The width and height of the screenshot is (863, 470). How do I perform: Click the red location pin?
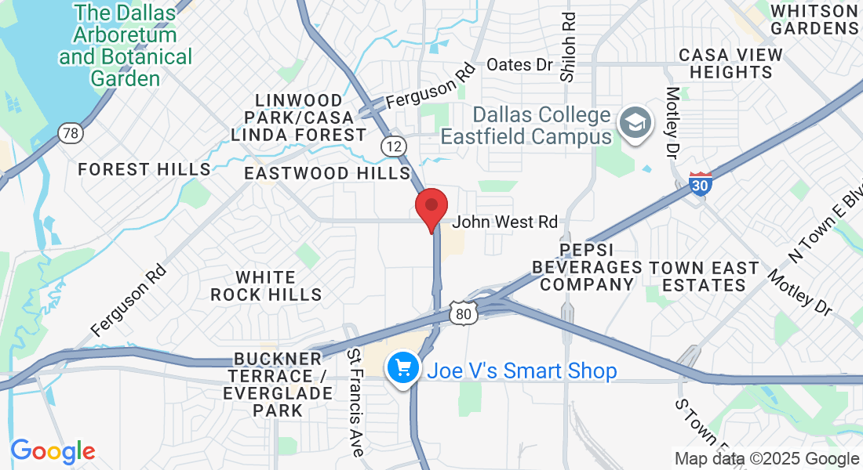pos(431,208)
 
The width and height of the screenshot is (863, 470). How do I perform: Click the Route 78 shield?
pos(71,133)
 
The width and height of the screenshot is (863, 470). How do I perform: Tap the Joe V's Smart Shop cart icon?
pos(403,367)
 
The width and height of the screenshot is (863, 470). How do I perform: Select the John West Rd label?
pos(504,222)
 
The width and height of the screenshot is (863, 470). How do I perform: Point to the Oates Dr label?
pos(520,65)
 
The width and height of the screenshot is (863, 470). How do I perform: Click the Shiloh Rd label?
pos(568,47)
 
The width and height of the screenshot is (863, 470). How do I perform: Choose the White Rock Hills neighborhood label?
pos(266,286)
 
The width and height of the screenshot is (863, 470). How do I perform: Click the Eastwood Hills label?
pos(327,173)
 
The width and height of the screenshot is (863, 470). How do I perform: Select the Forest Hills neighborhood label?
pos(144,169)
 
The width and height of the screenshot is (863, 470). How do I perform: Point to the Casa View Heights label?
pos(726,63)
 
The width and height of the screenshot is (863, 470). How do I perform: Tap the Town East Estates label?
pos(704,277)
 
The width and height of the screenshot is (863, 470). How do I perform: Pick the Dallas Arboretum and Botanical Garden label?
pos(126,45)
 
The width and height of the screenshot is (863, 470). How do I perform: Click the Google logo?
pos(53,451)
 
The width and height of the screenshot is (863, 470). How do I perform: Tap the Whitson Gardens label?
pos(814,19)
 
